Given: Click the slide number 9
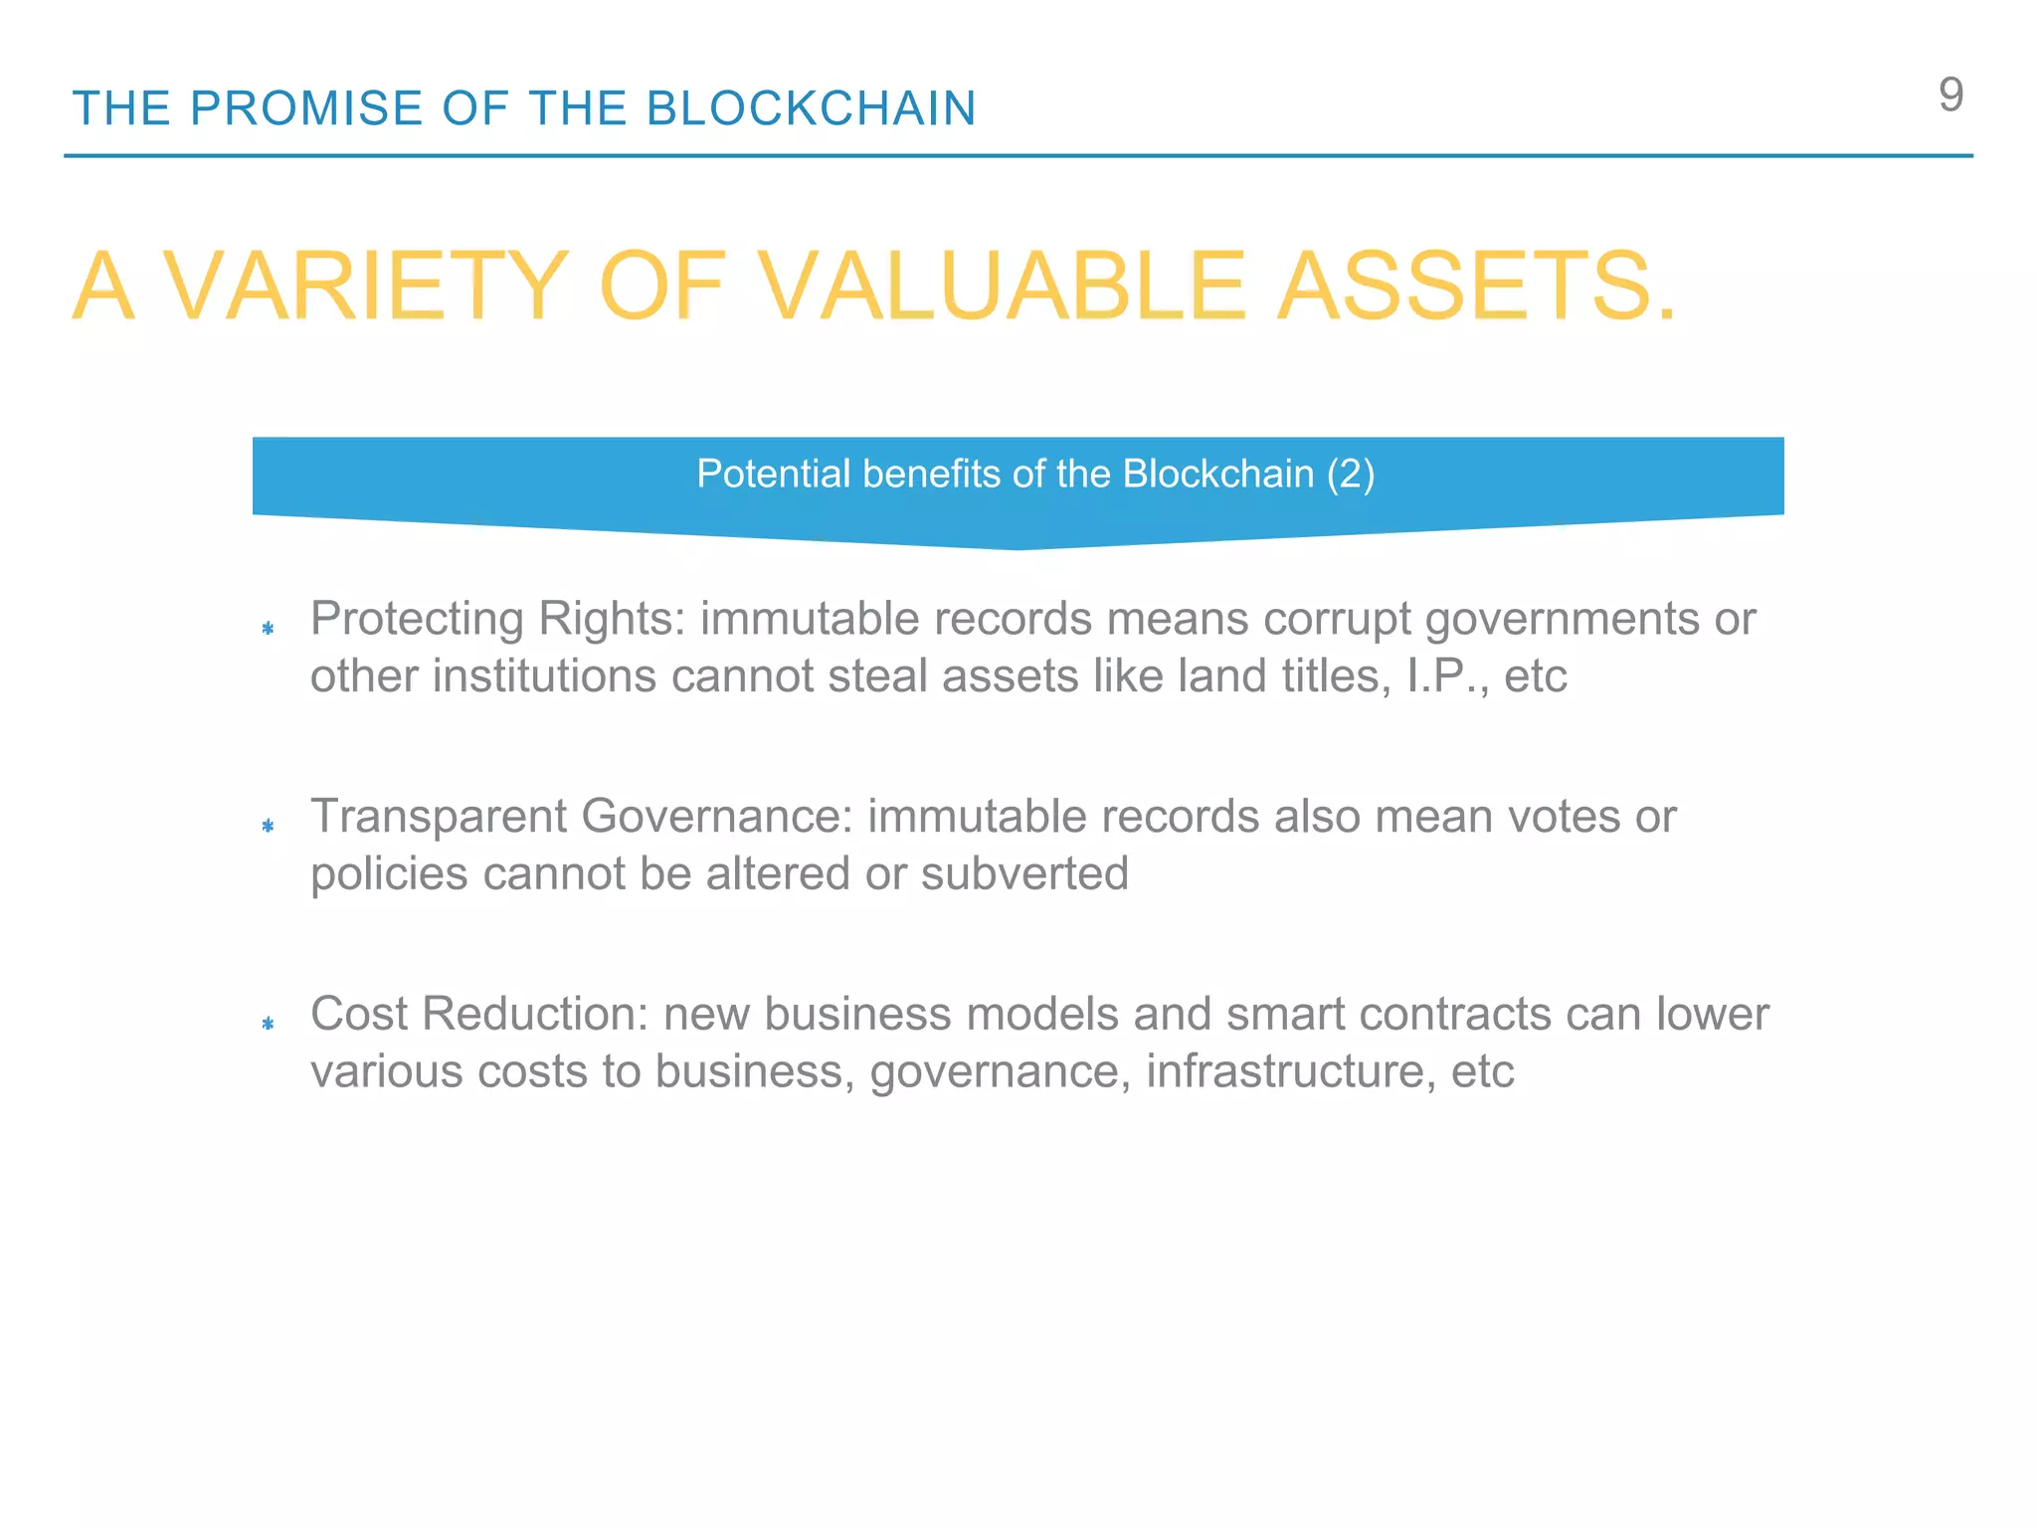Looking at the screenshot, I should point(1950,95).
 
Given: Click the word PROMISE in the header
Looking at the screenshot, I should point(306,108).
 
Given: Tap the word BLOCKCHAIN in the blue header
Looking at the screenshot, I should point(811,108).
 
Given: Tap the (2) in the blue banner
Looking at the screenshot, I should point(1351,475).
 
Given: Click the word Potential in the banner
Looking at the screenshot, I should point(773,475).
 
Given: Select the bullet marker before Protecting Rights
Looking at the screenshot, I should point(268,628).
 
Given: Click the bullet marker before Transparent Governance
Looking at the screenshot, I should point(268,826).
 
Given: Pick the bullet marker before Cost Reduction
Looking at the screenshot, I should point(268,1023).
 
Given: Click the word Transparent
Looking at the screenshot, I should point(439,817).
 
